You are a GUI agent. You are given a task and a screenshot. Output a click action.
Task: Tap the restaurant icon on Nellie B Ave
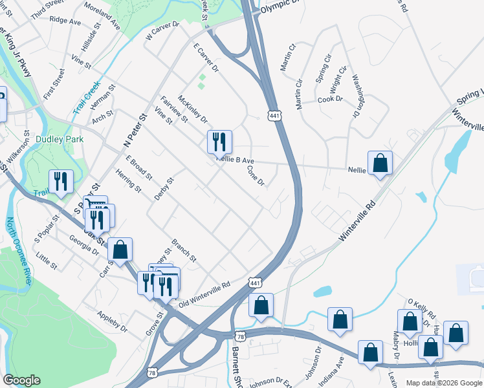tap(219, 142)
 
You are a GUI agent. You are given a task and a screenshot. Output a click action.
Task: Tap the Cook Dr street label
tap(330, 100)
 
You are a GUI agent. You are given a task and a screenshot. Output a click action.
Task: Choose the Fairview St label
tap(174, 109)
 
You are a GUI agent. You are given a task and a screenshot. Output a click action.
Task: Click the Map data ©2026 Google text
tap(443, 383)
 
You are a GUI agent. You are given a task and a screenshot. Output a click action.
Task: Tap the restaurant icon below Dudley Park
tap(61, 182)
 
